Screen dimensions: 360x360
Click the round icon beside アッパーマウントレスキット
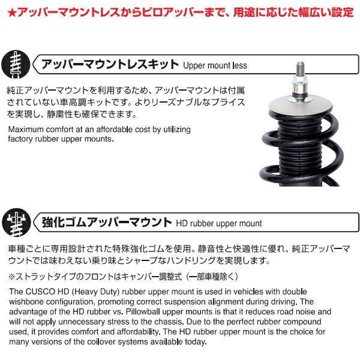[17, 64]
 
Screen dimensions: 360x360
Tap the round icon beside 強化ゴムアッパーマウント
[17, 221]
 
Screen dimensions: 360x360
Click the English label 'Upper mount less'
[215, 65]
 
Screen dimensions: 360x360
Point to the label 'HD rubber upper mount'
[219, 223]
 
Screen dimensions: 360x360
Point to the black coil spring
[300, 150]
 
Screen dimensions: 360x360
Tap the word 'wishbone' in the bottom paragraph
[27, 302]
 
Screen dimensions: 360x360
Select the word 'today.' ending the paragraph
[194, 342]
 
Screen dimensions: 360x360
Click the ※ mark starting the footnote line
[13, 276]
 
